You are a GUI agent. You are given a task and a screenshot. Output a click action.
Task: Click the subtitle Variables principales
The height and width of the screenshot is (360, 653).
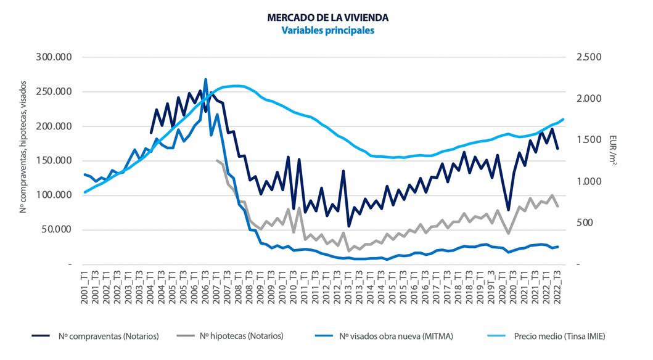[x=327, y=30]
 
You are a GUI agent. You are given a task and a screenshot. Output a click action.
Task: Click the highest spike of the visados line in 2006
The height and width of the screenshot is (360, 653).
[x=205, y=80]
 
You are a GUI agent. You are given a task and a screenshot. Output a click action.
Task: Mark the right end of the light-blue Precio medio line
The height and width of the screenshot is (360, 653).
[x=563, y=119]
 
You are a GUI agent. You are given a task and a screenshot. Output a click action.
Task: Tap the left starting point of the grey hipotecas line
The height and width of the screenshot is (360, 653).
[x=217, y=160]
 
